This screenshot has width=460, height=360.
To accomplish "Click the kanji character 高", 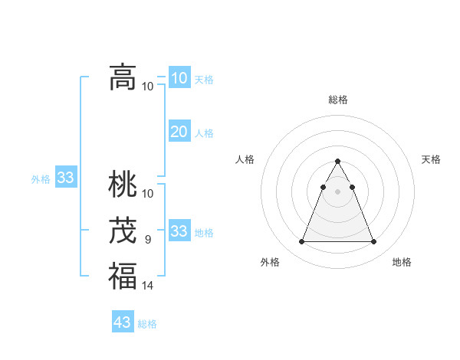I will tap(123, 77).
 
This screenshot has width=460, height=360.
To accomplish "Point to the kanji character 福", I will tap(123, 276).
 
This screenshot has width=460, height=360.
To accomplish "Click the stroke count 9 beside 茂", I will tap(148, 240).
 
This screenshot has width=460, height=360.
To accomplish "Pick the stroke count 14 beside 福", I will tap(148, 286).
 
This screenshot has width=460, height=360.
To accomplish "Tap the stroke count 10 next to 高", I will tap(148, 86).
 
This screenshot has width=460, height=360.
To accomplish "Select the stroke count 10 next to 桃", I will tap(148, 193).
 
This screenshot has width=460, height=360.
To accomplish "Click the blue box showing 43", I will tap(123, 322).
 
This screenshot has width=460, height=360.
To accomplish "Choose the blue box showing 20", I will tap(179, 132).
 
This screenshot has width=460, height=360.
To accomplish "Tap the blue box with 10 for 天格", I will tap(179, 78).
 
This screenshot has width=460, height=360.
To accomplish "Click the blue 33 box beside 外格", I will tap(66, 178).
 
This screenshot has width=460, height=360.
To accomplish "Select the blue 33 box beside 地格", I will tap(179, 231).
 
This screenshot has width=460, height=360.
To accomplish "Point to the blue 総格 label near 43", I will tap(147, 324).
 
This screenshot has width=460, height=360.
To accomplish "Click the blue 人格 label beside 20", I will tap(204, 133).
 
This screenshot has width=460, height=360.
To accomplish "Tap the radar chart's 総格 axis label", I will tap(338, 100).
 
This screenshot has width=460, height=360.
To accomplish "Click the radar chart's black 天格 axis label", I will tap(432, 159).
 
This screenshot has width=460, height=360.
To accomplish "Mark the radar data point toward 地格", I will tap(373, 242).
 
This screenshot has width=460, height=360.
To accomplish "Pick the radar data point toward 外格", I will tap(302, 242).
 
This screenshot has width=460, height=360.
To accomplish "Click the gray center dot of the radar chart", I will tap(338, 191).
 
